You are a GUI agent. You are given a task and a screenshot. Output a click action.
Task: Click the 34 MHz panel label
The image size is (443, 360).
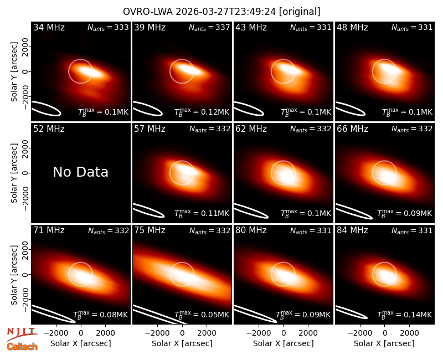[x=49, y=27]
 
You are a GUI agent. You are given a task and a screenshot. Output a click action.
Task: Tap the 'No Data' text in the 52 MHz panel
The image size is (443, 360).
[x=80, y=172]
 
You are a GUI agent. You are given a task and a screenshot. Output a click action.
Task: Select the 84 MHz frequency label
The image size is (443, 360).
[x=352, y=230]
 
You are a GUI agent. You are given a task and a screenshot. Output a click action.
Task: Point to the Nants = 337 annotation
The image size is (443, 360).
[x=209, y=27]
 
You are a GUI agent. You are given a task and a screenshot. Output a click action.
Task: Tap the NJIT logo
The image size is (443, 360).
[x=22, y=333]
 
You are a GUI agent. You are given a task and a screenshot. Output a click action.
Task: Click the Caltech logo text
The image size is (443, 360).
[x=22, y=347]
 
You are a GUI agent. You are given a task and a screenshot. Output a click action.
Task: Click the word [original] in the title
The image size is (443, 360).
[x=300, y=12]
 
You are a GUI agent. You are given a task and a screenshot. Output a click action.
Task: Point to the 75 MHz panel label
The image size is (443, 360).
[x=150, y=230]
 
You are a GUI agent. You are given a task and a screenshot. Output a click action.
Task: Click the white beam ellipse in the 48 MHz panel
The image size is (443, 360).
[x=350, y=109]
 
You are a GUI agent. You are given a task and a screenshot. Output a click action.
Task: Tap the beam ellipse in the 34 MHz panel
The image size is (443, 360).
[x=46, y=108]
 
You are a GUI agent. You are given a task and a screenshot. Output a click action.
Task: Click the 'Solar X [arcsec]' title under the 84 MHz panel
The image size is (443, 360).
[x=384, y=343]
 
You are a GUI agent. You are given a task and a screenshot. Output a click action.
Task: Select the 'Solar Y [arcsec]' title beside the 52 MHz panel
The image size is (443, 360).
[x=14, y=173]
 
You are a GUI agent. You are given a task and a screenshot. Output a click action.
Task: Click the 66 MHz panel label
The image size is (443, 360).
[x=352, y=129]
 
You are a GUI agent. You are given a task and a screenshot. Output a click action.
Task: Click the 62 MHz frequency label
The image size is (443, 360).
[x=251, y=129]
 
